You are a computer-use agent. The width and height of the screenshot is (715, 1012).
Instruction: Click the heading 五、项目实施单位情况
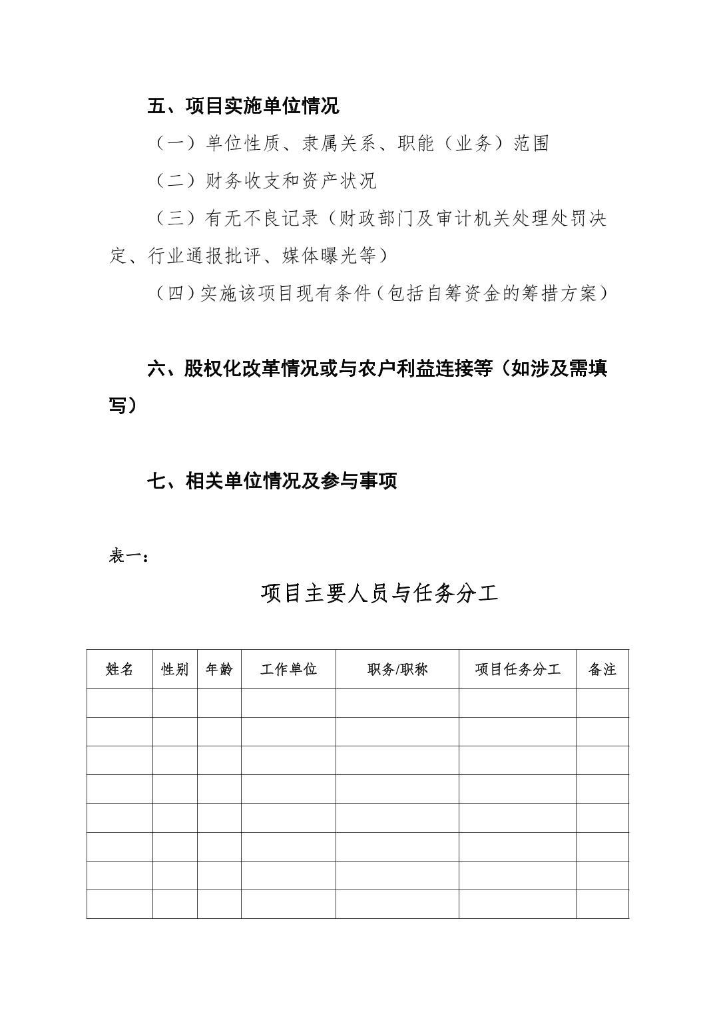243,105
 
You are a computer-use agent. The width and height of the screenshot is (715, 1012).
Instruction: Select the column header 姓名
120,669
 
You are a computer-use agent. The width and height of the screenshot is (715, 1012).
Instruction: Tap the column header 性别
174,669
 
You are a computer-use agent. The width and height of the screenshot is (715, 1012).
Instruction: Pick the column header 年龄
219,669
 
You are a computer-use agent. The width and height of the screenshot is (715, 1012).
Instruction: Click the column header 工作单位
288,669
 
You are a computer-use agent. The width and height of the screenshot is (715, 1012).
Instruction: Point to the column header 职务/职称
397,669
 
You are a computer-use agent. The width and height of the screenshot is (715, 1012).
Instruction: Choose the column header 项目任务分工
517,669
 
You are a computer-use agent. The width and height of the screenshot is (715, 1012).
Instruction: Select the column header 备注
602,669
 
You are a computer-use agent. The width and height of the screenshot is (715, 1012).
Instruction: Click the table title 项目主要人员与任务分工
379,593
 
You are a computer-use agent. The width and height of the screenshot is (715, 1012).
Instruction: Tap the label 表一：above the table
128,556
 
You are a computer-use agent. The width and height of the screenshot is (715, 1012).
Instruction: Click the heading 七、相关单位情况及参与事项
272,481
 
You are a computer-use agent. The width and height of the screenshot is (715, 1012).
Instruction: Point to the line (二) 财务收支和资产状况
266,180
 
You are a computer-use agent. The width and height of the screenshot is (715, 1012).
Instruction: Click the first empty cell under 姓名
120,703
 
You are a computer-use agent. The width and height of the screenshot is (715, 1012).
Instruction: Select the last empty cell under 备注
602,904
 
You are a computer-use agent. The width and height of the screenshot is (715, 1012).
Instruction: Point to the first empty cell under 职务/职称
397,703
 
